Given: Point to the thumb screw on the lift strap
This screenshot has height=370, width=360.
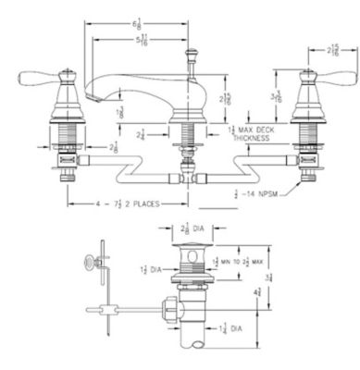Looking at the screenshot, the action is point(93,262).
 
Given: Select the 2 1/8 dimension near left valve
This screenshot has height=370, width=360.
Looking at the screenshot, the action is point(112,146).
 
